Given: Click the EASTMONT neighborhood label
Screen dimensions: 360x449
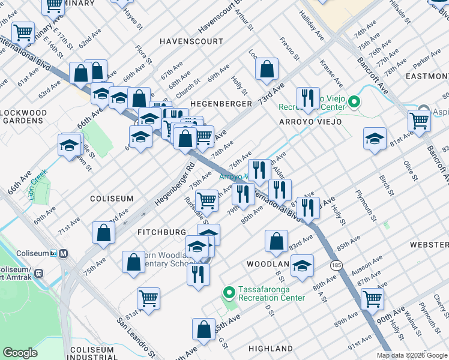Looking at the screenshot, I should coord(427,76).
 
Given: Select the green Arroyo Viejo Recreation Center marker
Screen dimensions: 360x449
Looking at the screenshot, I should coord(354,102).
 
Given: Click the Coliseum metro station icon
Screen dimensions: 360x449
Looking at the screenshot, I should coord(63,253).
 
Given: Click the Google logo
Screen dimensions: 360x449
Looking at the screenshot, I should coord(20,353).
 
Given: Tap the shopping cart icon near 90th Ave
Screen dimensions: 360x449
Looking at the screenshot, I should coord(372,298).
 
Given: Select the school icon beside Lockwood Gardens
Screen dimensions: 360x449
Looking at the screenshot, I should coord(70,145).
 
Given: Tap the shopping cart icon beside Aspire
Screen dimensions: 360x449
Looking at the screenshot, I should coord(418,120).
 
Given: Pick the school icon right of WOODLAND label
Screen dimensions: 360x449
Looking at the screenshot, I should coord(303,266).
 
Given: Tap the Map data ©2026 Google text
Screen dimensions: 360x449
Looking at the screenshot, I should coord(412,355).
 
